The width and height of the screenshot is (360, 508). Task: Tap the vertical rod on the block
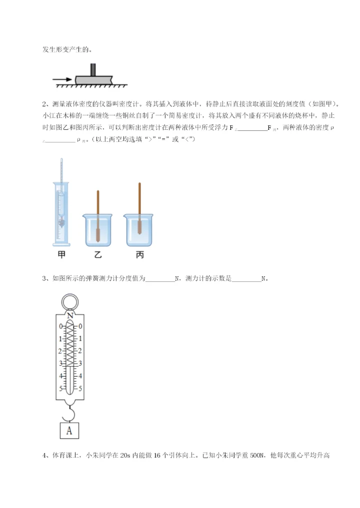[x=93, y=69]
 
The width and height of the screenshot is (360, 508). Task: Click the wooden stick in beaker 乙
[x=98, y=210]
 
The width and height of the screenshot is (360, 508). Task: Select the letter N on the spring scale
[x=70, y=316]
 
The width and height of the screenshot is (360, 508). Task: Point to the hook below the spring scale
[x=70, y=412]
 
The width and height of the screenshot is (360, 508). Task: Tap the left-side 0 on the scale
[x=61, y=326]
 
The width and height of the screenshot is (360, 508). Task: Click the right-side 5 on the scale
[x=80, y=388]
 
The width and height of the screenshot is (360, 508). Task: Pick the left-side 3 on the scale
[x=61, y=363]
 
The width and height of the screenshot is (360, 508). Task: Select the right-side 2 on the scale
[x=80, y=351]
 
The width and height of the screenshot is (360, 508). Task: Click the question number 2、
[x=45, y=104]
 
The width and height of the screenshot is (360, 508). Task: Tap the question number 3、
[x=45, y=279]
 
